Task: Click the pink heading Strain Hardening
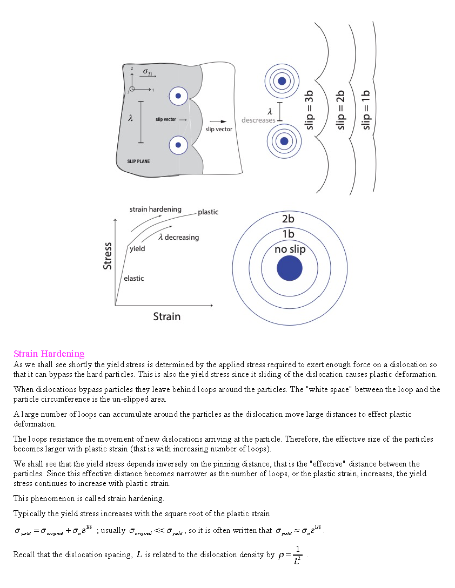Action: pyautogui.click(x=49, y=354)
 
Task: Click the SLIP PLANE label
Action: pyautogui.click(x=138, y=161)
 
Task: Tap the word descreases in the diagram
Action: pyautogui.click(x=258, y=120)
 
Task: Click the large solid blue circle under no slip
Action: pyautogui.click(x=290, y=268)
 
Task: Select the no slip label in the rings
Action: pyautogui.click(x=290, y=249)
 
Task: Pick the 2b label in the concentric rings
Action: pyautogui.click(x=289, y=219)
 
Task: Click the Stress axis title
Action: pyautogui.click(x=108, y=256)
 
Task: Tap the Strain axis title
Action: pyautogui.click(x=166, y=316)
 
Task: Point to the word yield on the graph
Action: pyautogui.click(x=137, y=249)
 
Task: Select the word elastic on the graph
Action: pyautogui.click(x=134, y=279)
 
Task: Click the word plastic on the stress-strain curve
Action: pyautogui.click(x=208, y=212)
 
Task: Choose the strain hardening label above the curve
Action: pyautogui.click(x=156, y=209)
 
